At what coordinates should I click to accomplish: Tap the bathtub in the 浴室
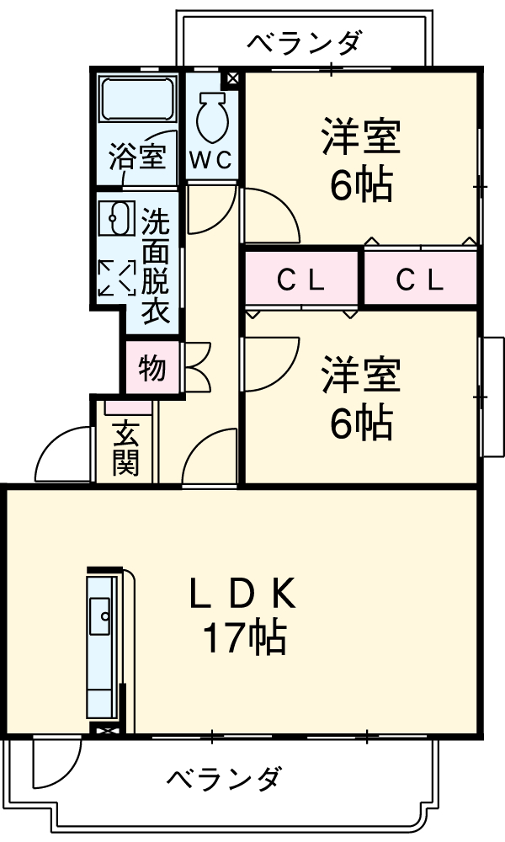(137, 100)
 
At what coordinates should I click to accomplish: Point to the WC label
(210, 160)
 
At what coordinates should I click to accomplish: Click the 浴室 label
(137, 157)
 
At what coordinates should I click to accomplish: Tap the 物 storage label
(152, 368)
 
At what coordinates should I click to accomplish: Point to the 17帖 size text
(243, 639)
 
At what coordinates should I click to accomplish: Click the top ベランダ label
(306, 41)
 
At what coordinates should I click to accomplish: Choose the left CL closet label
(301, 281)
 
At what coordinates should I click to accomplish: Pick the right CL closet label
(420, 281)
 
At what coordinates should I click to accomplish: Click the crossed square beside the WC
(231, 80)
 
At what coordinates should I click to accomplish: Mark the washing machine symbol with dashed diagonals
(116, 277)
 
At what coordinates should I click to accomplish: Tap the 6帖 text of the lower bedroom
(360, 423)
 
